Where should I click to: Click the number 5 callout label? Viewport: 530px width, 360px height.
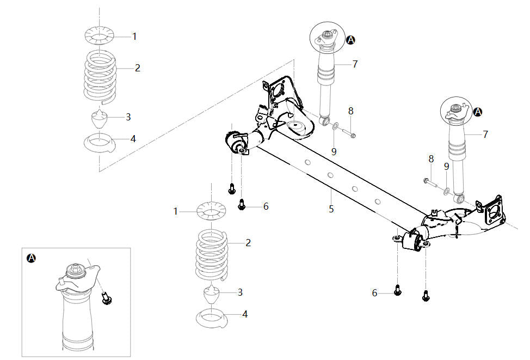click(x=331, y=209)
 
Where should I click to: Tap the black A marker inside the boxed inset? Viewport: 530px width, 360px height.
click(x=31, y=258)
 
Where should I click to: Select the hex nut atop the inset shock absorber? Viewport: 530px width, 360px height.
click(x=76, y=270)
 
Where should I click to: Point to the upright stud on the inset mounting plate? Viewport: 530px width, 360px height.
click(x=61, y=281)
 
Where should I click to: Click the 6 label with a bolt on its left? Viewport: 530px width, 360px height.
click(x=266, y=206)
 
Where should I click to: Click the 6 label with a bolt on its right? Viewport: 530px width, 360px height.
click(x=374, y=293)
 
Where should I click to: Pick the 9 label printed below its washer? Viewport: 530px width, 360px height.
click(x=334, y=152)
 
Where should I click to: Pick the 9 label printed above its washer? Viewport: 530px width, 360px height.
click(x=447, y=167)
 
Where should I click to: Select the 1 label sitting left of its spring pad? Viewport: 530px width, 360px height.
click(x=175, y=211)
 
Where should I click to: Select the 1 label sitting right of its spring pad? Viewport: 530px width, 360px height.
click(x=134, y=36)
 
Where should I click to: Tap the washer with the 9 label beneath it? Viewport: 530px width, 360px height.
click(x=335, y=127)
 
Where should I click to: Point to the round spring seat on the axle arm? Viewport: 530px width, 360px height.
click(x=296, y=127)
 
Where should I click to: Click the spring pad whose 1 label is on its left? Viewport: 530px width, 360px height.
click(x=211, y=211)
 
